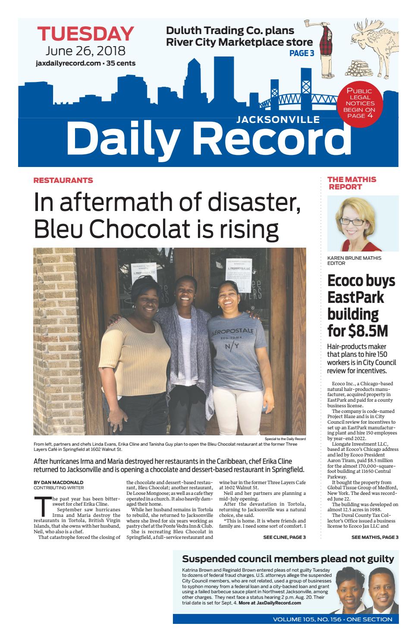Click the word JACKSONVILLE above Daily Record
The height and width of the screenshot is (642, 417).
(x=278, y=120)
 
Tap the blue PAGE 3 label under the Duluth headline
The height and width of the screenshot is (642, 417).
(x=301, y=53)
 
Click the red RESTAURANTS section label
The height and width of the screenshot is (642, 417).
(x=63, y=180)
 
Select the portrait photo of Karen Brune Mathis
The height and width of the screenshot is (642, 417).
(x=363, y=223)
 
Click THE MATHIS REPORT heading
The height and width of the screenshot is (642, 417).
(x=351, y=183)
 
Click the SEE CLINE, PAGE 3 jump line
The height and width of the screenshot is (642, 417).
(x=284, y=537)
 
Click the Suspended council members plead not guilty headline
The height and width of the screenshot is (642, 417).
(x=288, y=559)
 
